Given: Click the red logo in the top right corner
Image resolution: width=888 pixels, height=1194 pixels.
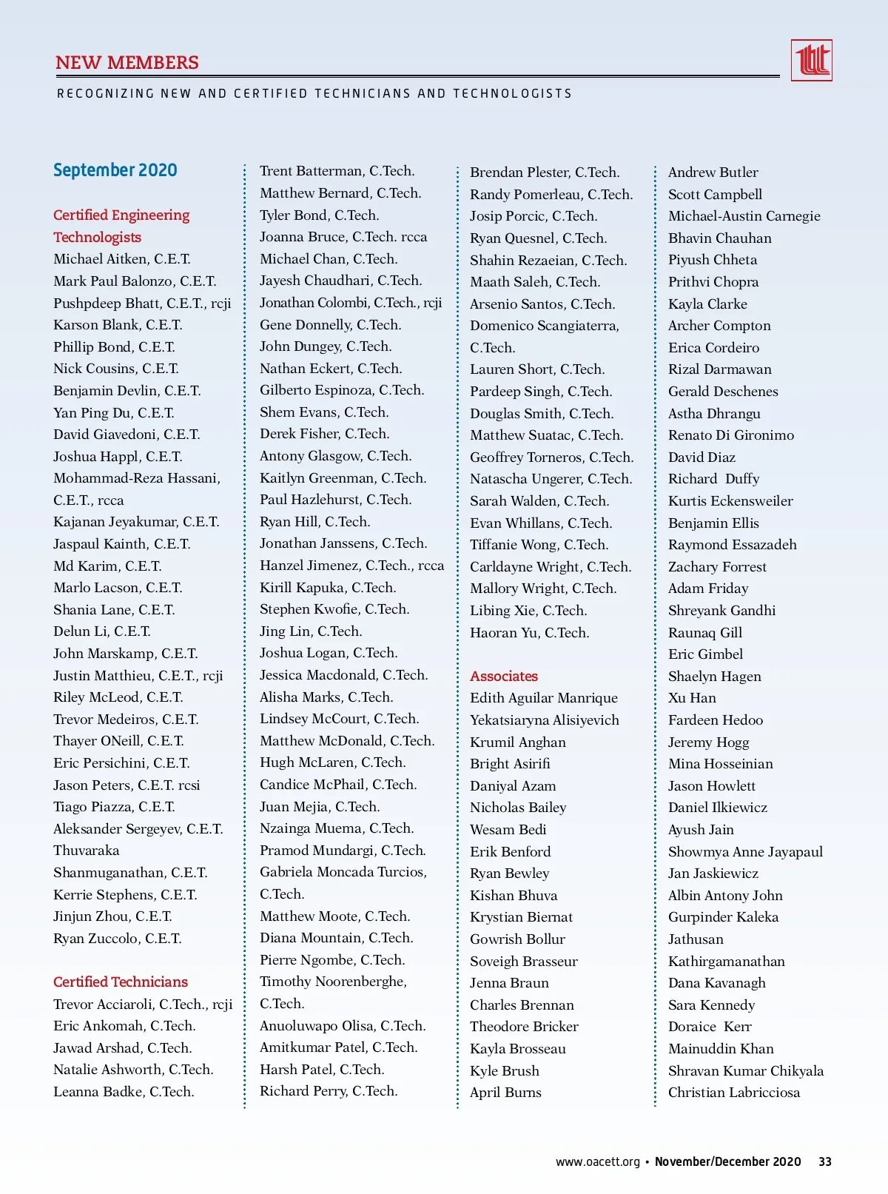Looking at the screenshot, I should tap(811, 60).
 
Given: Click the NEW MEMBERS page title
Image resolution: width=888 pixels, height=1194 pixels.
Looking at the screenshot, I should tap(127, 63).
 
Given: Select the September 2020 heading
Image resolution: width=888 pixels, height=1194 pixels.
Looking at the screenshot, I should tap(115, 170).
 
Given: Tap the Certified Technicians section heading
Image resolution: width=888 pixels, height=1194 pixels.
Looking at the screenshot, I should tap(121, 982).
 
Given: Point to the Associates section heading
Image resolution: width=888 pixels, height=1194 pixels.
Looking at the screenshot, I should tap(504, 676).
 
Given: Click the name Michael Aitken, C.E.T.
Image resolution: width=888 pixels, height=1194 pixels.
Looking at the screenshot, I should tap(122, 259).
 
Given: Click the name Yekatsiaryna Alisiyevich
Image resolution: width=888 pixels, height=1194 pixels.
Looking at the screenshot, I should tap(544, 720).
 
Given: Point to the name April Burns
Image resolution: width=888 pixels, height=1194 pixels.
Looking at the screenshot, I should tap(505, 1093).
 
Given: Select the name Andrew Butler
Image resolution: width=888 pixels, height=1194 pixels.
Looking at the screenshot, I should tap(713, 172).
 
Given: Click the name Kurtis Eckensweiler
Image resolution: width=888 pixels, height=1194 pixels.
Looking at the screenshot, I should tap(730, 501).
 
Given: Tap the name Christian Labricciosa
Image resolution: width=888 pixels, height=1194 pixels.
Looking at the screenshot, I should tap(733, 1093).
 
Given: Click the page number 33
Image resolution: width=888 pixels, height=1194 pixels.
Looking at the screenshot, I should tap(824, 1161).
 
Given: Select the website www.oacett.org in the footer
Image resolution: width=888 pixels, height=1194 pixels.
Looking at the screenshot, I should tap(597, 1161).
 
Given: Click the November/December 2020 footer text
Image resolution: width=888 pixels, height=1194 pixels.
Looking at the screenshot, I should tap(727, 1161).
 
